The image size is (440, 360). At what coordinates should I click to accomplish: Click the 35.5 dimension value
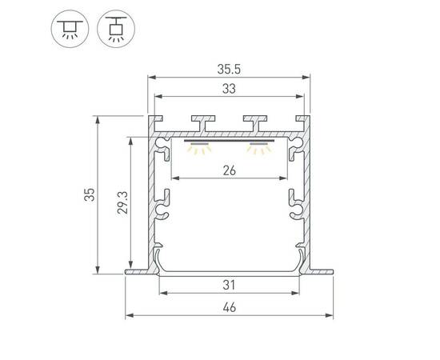tap(229, 69)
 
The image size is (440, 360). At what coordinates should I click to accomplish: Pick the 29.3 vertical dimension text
tap(119, 204)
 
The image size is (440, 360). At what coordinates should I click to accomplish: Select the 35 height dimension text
tap(90, 194)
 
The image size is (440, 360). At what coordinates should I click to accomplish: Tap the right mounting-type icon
tap(113, 28)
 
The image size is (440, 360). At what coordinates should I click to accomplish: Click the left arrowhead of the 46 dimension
tap(128, 315)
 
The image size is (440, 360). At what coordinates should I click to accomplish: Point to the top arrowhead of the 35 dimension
tap(98, 119)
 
